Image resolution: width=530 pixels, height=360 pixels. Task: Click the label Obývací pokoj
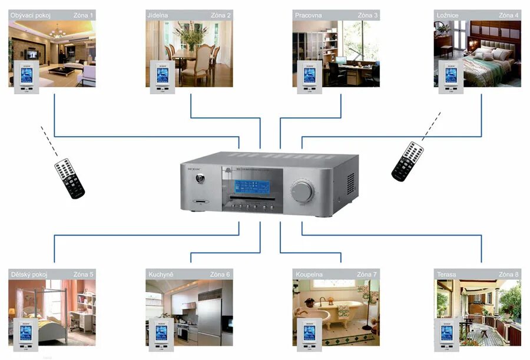(31, 15)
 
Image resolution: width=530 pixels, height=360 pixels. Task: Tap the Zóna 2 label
(220, 15)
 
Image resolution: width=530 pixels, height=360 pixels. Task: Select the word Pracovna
(309, 15)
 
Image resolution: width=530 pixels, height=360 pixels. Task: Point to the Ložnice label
(448, 15)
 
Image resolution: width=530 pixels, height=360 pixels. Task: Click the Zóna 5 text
(83, 274)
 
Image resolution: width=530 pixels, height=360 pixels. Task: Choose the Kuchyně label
(160, 274)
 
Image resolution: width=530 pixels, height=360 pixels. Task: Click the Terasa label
(447, 274)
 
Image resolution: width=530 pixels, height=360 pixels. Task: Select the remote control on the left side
(70, 178)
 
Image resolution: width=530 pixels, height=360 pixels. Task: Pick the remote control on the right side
(408, 161)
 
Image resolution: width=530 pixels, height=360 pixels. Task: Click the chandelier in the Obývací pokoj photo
(57, 32)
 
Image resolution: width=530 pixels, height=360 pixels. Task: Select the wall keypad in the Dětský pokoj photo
(25, 335)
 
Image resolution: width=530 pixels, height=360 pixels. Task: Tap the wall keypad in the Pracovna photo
(307, 76)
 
